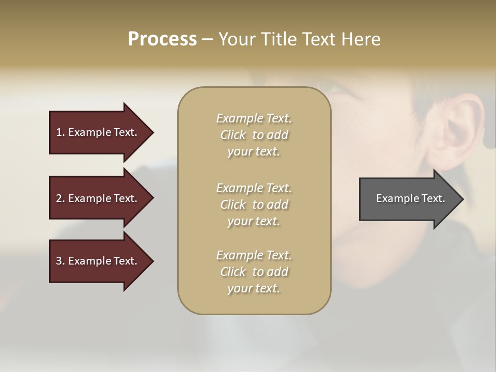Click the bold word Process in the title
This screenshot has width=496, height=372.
(162, 39)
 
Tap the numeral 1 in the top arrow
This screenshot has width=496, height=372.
(59, 132)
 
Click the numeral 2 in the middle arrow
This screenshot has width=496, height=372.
(59, 198)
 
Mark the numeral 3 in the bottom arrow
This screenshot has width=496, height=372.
(59, 261)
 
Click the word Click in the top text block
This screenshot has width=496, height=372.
(233, 135)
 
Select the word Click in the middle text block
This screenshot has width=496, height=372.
(233, 205)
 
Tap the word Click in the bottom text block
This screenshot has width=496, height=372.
(233, 272)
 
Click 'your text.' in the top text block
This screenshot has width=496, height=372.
(254, 152)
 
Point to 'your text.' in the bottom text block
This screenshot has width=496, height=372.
(254, 289)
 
